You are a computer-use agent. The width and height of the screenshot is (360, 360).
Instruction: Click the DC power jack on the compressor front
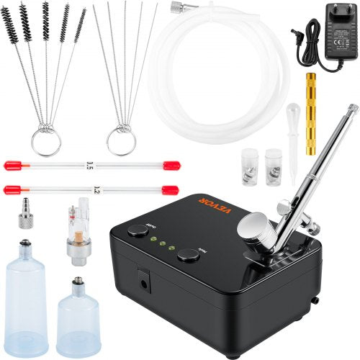pos(147,283)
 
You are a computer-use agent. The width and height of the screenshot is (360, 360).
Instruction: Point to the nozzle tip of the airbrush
pos(353,109)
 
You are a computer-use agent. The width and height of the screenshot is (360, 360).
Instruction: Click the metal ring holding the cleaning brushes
pos(45,141)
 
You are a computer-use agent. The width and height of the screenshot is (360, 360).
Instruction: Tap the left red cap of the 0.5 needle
pos(12,165)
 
